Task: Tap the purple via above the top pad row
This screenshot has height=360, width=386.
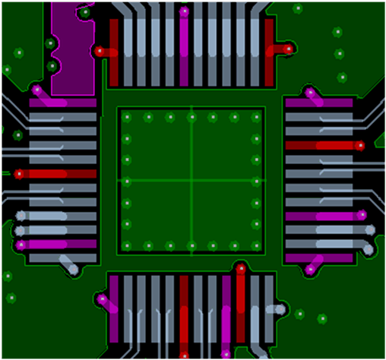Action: point(184,11)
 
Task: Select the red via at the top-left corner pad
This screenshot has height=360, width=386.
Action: point(100,51)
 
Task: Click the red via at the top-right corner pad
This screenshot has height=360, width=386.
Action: point(288,49)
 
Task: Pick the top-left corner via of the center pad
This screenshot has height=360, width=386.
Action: point(128,117)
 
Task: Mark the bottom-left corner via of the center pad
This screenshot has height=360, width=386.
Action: point(128,245)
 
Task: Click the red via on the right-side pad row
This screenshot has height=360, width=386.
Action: point(361,145)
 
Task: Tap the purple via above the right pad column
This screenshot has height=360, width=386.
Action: point(310,93)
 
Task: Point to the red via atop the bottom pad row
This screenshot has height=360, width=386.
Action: point(240,267)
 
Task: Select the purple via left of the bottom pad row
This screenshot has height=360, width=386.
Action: point(102,298)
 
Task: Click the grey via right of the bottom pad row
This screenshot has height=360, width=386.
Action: point(282,309)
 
